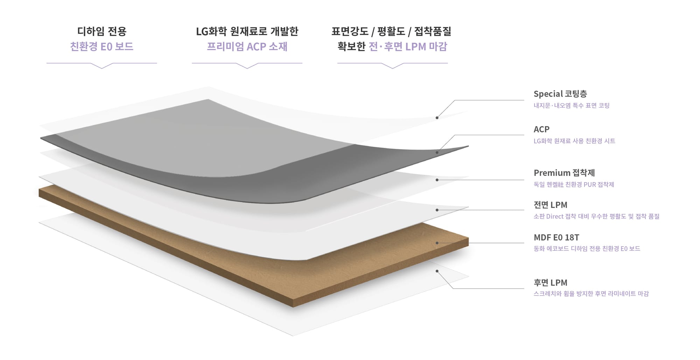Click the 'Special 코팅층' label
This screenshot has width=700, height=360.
[x=560, y=94]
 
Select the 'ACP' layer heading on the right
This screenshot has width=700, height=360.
[x=541, y=129]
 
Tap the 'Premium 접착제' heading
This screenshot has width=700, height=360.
[x=564, y=173]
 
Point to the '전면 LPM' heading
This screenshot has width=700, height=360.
[x=550, y=205]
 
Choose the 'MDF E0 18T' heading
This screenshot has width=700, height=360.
[x=556, y=237]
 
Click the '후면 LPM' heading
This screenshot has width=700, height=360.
[x=550, y=283]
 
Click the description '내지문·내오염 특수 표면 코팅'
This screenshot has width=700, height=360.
[x=571, y=105]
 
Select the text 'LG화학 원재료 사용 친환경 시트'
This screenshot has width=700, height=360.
[x=574, y=141]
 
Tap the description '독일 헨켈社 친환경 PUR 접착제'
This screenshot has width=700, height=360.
[x=574, y=185]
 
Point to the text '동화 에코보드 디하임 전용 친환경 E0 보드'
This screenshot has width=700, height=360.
[x=587, y=249]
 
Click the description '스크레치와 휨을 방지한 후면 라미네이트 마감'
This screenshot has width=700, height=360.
[x=591, y=293]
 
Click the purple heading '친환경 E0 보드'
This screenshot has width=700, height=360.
[x=101, y=47]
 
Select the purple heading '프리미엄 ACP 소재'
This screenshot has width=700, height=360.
[x=247, y=47]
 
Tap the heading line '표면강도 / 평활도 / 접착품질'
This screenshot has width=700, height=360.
[x=391, y=32]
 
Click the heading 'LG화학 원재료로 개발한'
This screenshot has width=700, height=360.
[x=247, y=32]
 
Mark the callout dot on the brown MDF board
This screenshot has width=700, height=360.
[x=437, y=243]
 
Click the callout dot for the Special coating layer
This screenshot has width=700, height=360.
[x=437, y=118]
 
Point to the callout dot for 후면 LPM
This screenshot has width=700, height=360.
[x=437, y=271]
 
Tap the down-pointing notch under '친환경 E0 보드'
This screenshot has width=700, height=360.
[x=102, y=67]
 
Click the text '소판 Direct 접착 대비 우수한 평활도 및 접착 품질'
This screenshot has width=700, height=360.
[x=596, y=216]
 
